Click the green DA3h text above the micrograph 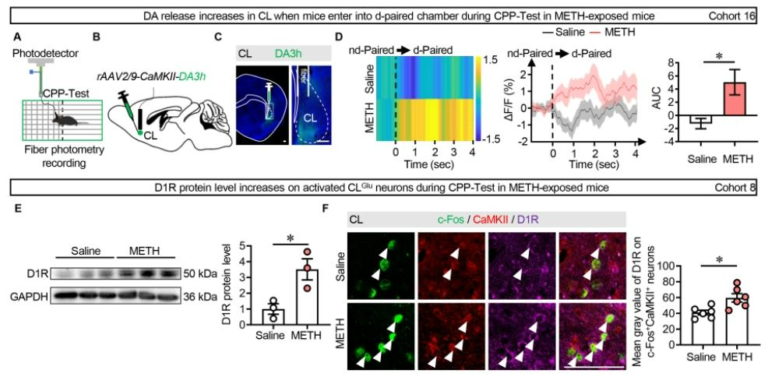point(294,54)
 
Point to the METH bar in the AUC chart point(727,99)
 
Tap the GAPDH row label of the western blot point(31,297)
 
